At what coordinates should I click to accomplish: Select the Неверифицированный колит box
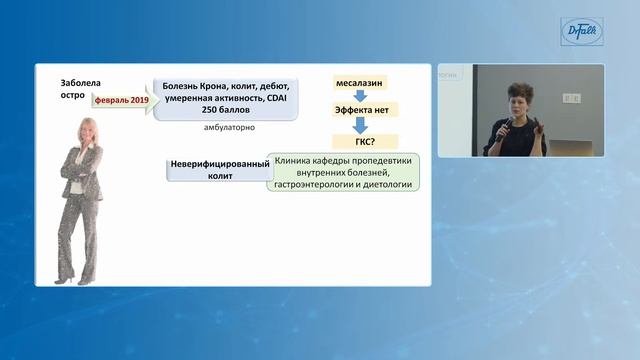point(214,169)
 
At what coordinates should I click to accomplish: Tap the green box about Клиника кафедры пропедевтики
point(343,172)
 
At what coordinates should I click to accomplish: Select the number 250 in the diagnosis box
point(212,113)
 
